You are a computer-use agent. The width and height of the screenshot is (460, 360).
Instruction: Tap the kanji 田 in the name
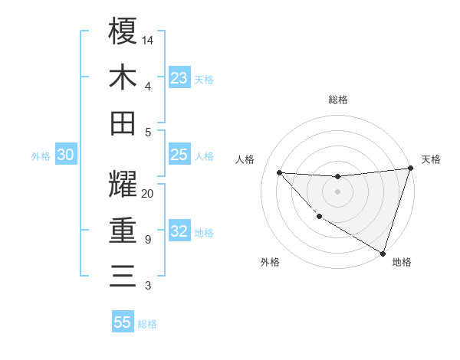[123, 123]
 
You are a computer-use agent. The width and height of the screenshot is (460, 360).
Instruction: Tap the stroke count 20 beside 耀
[148, 193]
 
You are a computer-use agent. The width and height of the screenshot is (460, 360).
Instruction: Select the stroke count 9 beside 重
[148, 240]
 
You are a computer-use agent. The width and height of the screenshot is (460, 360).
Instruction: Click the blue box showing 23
[179, 77]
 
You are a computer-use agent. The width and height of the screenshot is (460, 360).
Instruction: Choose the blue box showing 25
[179, 155]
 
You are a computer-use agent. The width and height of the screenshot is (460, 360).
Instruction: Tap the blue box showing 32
[179, 232]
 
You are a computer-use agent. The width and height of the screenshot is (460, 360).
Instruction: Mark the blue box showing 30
[65, 155]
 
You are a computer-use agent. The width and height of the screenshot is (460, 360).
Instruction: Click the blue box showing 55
[123, 322]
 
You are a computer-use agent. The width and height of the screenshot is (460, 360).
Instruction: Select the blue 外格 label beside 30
[41, 156]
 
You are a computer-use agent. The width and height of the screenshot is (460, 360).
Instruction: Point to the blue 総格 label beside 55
[147, 324]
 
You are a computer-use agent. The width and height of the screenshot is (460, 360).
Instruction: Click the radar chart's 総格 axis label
[337, 100]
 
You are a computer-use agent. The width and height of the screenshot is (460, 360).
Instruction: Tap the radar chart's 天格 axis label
[431, 159]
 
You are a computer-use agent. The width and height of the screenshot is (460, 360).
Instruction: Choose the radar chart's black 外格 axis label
[270, 262]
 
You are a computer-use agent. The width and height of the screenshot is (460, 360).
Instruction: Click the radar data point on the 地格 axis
[383, 254]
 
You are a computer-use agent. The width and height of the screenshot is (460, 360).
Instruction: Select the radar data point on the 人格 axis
[279, 172]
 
